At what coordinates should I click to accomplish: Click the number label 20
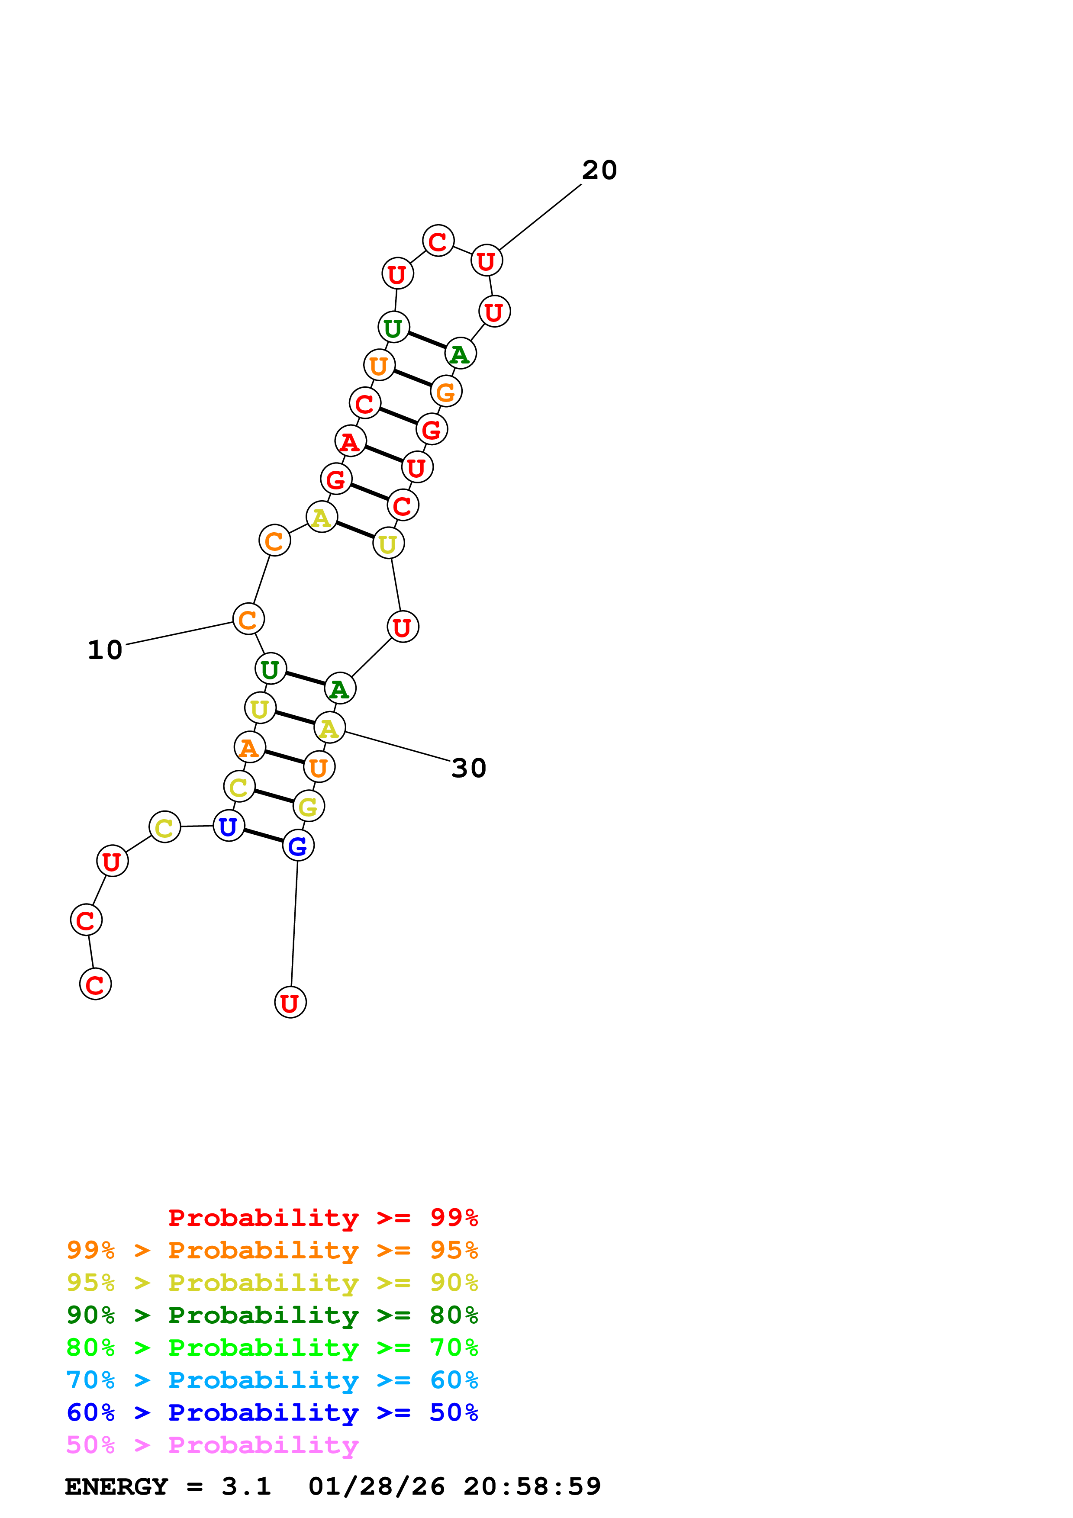pos(599,170)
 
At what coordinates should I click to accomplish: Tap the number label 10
pos(105,650)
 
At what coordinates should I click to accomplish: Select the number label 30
pos(469,768)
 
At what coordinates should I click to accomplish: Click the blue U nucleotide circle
pos(229,827)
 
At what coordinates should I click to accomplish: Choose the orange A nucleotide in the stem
pos(250,748)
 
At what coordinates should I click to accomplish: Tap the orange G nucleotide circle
pos(446,392)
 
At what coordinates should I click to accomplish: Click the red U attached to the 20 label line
pos(487,261)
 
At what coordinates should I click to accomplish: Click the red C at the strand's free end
pos(95,984)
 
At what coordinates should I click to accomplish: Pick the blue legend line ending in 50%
pos(272,1413)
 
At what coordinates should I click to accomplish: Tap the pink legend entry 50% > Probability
pos(212,1445)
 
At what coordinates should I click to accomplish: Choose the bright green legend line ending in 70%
pos(272,1348)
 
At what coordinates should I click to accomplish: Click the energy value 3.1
pos(246,1487)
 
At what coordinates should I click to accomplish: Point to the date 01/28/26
pos(376,1487)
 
